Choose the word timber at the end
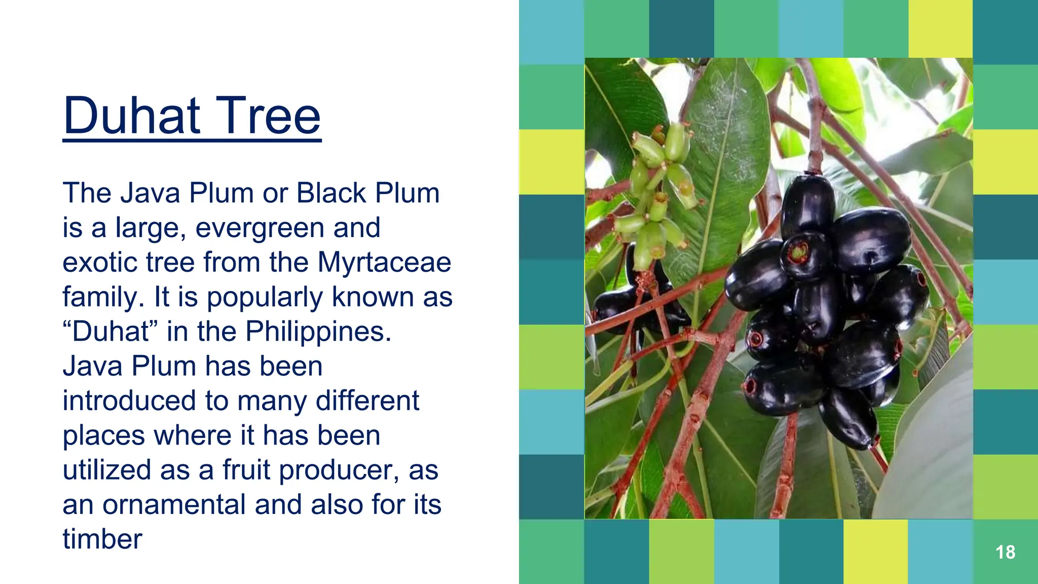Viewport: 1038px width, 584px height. click(x=102, y=539)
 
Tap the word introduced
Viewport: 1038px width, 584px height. click(x=129, y=400)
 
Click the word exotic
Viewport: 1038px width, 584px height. click(x=99, y=263)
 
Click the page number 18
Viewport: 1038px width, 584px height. click(x=1005, y=552)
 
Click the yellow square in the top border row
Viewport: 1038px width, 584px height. click(x=940, y=29)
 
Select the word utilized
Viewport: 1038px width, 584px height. click(x=107, y=470)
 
